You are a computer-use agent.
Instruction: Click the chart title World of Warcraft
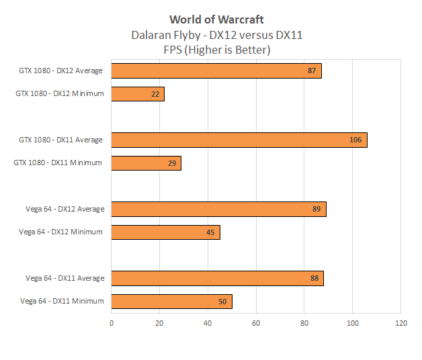pyautogui.click(x=216, y=19)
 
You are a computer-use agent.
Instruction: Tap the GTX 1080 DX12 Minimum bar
pyautogui.click(x=138, y=94)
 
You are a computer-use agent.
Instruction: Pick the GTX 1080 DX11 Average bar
pyautogui.click(x=239, y=140)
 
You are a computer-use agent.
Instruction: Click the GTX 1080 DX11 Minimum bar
pyautogui.click(x=146, y=163)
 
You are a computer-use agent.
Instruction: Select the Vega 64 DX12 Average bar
pyautogui.click(x=218, y=209)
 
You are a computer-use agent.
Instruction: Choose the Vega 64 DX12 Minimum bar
pyautogui.click(x=165, y=232)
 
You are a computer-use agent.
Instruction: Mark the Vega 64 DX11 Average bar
pyautogui.click(x=217, y=278)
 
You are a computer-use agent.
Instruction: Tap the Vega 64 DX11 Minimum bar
pyautogui.click(x=171, y=302)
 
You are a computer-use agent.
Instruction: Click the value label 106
pyautogui.click(x=355, y=140)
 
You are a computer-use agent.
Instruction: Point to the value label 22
pyautogui.click(x=155, y=95)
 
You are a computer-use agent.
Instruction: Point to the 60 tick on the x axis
pyautogui.click(x=256, y=323)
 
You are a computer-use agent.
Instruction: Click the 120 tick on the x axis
pyautogui.click(x=400, y=323)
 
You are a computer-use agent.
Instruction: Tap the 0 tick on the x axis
pyautogui.click(x=112, y=323)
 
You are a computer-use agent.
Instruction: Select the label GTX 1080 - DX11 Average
pyautogui.click(x=60, y=140)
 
